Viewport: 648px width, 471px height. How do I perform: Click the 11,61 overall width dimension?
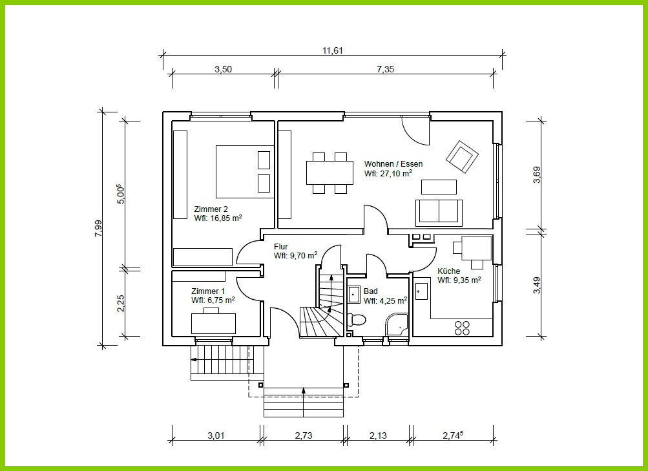point(333,51)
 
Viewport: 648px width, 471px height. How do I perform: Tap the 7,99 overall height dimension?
point(98,228)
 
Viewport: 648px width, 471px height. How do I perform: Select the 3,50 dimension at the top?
point(223,69)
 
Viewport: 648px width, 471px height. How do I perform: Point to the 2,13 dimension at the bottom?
point(378,435)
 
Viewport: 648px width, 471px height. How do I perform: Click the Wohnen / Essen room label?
point(393,164)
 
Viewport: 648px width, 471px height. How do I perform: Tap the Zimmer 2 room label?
point(211,209)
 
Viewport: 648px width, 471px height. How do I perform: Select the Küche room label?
point(449,271)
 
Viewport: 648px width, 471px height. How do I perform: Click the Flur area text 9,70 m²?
point(295,255)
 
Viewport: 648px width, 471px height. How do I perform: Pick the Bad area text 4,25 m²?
point(385,300)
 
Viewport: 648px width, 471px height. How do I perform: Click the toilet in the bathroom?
point(357,320)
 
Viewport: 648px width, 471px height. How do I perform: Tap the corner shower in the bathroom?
point(396,325)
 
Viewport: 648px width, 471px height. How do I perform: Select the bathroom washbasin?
point(353,294)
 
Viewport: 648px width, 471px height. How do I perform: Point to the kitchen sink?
point(421,291)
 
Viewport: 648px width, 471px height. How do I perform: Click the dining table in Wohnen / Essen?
point(329,173)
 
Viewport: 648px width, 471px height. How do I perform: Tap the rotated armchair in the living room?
point(462,157)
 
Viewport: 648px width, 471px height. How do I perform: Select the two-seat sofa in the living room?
point(439,213)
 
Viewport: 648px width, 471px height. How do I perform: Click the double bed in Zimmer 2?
point(245,171)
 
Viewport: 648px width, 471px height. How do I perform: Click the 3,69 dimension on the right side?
point(536,174)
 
